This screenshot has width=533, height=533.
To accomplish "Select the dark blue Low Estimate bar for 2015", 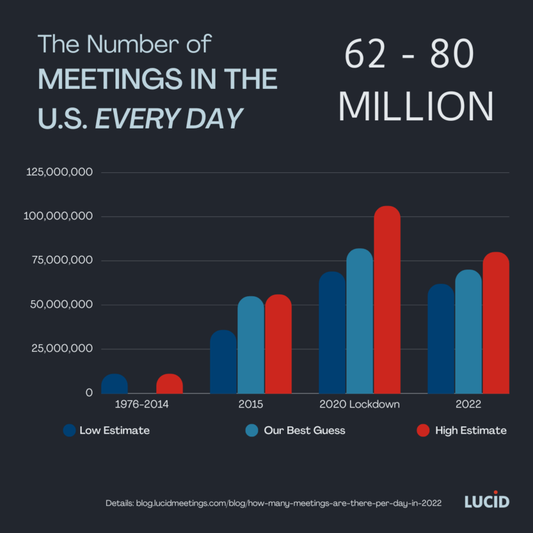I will point(223,362).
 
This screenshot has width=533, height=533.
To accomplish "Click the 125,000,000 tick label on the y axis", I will point(59,172).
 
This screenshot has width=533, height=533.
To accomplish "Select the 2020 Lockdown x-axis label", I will point(359,404).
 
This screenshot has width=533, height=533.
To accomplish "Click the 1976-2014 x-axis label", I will point(142,404).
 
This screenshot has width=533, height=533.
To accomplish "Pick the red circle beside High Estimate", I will point(423,431).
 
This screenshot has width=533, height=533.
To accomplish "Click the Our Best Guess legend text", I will point(304,431).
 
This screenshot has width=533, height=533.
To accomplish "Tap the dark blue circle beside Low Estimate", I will point(69,431).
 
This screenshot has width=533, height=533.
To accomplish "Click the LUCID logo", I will point(486,502).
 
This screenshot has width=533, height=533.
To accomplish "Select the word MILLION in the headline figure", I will point(416,107).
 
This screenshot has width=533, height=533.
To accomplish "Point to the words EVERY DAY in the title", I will point(169,118).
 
